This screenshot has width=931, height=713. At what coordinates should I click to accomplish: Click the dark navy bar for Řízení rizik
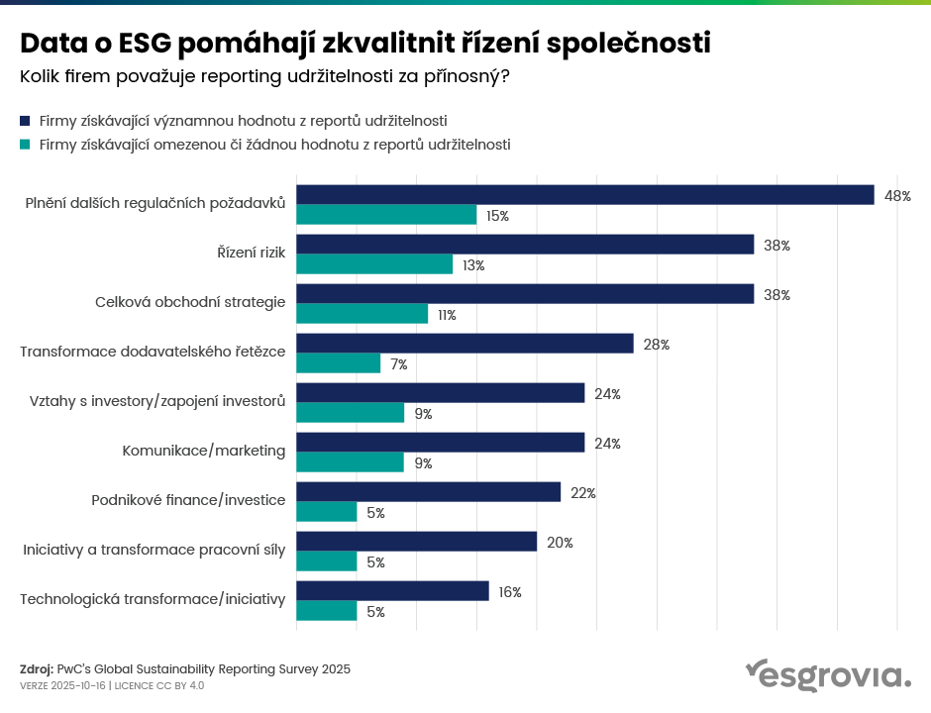(525, 245)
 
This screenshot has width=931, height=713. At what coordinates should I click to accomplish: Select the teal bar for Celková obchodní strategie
(362, 314)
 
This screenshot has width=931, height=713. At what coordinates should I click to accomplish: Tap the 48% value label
(897, 196)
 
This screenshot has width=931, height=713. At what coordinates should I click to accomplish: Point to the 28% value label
(657, 345)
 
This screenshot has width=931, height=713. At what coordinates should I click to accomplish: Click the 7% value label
(399, 364)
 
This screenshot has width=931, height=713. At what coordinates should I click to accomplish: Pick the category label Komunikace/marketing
(203, 451)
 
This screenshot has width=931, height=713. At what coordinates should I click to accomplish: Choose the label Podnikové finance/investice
(188, 500)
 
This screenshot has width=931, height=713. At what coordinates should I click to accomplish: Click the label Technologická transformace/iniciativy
(153, 599)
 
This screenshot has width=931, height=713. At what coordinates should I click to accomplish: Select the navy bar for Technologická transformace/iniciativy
(392, 591)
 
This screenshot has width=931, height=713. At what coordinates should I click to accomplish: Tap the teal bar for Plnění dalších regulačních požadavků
(386, 215)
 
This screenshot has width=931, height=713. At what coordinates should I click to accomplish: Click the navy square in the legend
(26, 121)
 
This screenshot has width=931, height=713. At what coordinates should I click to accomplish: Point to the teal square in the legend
(26, 145)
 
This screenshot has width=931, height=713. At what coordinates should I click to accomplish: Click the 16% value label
(510, 592)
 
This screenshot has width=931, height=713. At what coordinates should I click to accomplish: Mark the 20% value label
(561, 543)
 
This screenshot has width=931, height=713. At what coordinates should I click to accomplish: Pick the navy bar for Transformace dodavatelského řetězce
(465, 344)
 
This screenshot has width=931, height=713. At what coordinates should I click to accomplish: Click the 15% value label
(497, 216)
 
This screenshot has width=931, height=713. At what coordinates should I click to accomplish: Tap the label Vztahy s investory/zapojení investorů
(157, 401)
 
